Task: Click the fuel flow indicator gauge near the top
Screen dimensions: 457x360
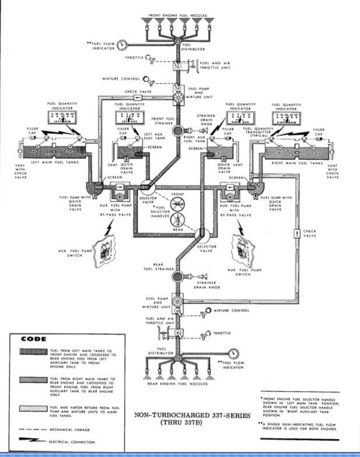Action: tap(122, 44)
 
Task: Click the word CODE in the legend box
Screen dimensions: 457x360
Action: tap(30, 339)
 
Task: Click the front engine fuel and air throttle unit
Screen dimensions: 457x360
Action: tap(178, 66)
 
